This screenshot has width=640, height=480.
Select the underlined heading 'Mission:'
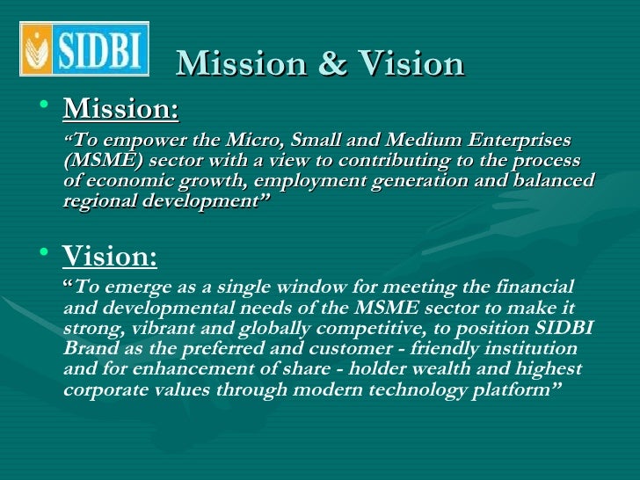click(x=120, y=110)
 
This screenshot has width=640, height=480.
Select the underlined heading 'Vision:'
click(x=110, y=257)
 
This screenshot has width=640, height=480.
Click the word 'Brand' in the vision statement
click(x=90, y=349)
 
